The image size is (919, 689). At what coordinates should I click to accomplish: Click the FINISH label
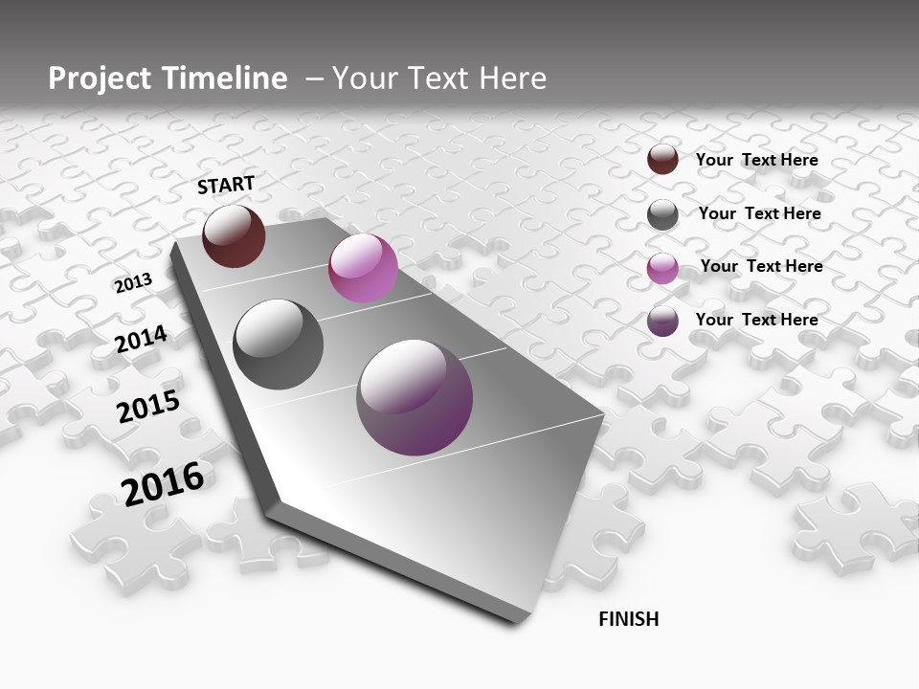pyautogui.click(x=629, y=619)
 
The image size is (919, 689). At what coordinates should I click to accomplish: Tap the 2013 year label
pyautogui.click(x=133, y=282)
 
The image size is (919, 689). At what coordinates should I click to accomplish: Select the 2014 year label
pyautogui.click(x=142, y=339)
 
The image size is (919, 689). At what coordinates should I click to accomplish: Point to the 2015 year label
pyautogui.click(x=148, y=407)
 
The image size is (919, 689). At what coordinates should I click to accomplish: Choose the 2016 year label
pyautogui.click(x=163, y=483)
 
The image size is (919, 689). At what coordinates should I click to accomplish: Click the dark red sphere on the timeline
pyautogui.click(x=234, y=235)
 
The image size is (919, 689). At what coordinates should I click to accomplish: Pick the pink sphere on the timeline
pyautogui.click(x=363, y=268)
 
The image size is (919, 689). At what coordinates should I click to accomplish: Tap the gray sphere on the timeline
pyautogui.click(x=278, y=344)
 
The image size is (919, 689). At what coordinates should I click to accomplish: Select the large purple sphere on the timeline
pyautogui.click(x=415, y=397)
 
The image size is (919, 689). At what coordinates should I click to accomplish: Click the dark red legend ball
pyautogui.click(x=662, y=159)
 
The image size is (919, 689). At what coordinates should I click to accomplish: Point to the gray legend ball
pyautogui.click(x=662, y=214)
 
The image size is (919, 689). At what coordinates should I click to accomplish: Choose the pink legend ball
pyautogui.click(x=662, y=268)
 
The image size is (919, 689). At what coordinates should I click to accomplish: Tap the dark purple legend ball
pyautogui.click(x=662, y=321)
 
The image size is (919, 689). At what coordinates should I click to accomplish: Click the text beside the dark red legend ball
pyautogui.click(x=756, y=160)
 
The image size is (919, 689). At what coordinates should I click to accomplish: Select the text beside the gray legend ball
pyautogui.click(x=759, y=213)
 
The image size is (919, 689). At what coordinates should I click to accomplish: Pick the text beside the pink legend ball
pyautogui.click(x=761, y=266)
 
